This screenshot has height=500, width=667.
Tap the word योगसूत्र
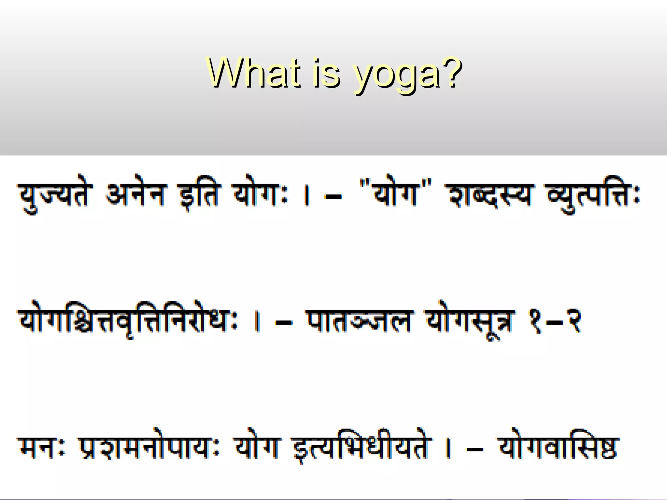click(471, 322)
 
